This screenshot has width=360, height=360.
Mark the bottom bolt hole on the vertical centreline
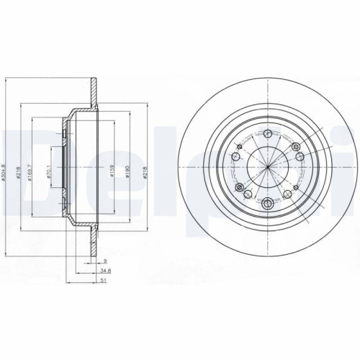tap(267, 203)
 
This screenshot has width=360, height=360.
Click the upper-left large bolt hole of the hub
tap(235, 156)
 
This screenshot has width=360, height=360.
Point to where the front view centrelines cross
tap(267, 168)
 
